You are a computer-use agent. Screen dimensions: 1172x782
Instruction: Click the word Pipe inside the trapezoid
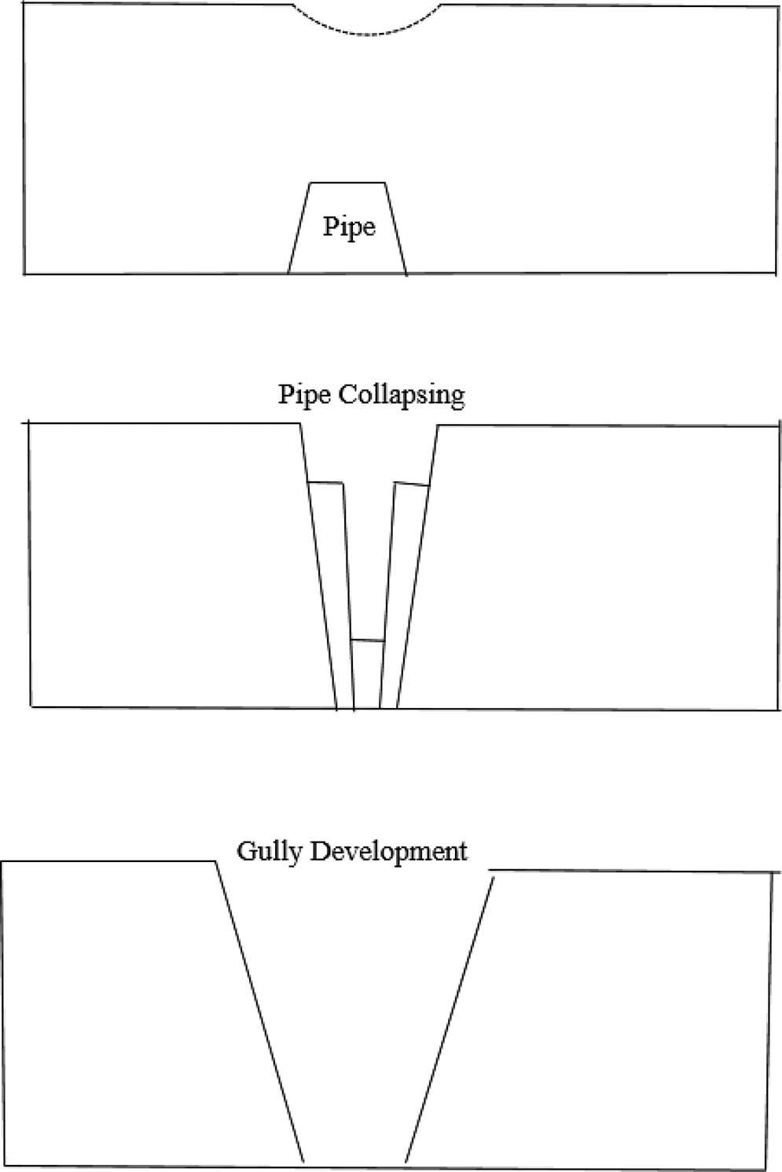point(349,227)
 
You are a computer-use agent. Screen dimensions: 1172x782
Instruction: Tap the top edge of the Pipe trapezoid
point(348,182)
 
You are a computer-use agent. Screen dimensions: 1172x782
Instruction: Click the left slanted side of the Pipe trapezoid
point(299,228)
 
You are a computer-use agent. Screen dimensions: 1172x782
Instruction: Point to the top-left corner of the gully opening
point(215,862)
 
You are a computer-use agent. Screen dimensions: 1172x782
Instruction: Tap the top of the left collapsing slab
point(326,482)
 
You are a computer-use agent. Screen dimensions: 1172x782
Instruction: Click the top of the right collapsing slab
point(411,484)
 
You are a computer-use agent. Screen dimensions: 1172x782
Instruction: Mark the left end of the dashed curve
point(293,6)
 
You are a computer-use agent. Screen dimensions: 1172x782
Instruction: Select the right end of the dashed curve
point(441,5)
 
